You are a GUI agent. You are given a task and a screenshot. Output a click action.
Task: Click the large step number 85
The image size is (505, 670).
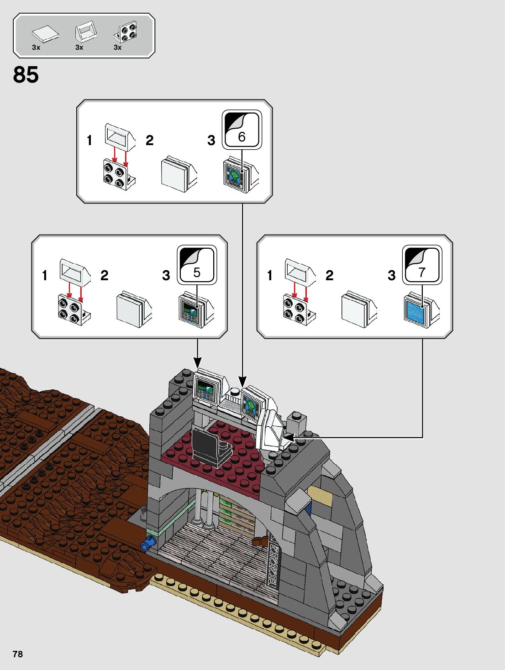pos(26,75)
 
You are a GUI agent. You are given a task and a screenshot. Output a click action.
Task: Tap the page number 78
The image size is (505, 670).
pos(18,654)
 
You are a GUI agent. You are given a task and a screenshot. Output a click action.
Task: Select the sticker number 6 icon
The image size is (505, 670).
pos(242,130)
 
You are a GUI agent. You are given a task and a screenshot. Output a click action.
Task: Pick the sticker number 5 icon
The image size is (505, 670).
pos(197,265)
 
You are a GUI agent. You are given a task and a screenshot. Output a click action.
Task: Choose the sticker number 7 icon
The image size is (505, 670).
pos(422,265)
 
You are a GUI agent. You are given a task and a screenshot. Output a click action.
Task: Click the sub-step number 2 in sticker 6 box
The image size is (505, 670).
pos(150,141)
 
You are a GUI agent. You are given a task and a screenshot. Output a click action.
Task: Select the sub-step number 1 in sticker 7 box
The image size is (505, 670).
pos(269,275)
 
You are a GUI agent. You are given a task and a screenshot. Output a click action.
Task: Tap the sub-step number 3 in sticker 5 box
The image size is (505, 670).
pos(166,275)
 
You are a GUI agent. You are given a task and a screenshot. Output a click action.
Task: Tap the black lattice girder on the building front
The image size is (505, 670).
pos(273,560)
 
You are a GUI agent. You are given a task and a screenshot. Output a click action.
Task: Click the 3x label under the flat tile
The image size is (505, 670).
pos(36,47)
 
